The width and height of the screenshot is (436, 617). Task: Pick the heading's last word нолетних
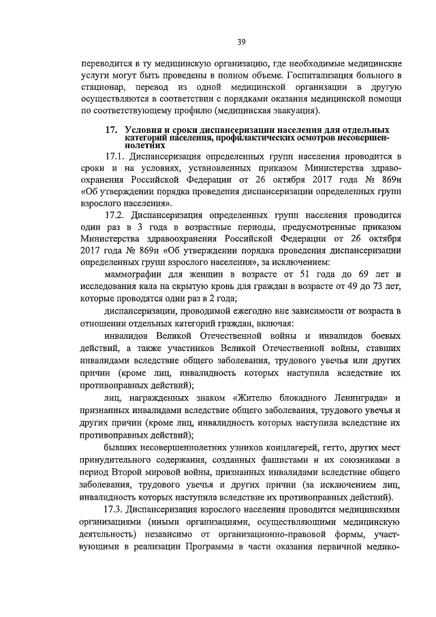pos(146,145)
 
